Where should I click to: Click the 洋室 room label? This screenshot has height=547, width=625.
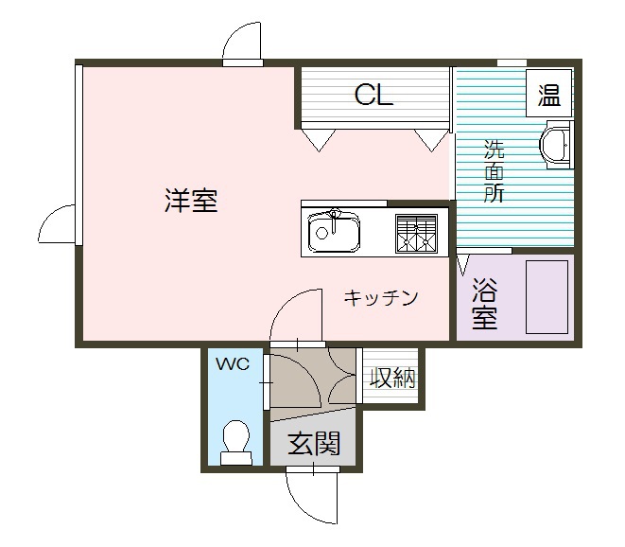tap(191, 201)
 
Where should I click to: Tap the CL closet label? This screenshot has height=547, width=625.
tap(373, 95)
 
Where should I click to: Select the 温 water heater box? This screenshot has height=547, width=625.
tap(548, 95)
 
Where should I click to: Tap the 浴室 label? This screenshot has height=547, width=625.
tap(484, 303)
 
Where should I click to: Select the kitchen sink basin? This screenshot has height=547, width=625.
tap(334, 230)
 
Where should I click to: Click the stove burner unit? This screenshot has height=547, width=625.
tap(417, 232)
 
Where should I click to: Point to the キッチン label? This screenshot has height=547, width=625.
tap(380, 298)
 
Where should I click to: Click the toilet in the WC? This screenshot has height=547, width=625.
tap(235, 442)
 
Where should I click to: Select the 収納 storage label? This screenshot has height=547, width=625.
tap(392, 378)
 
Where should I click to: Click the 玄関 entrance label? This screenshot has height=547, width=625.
tap(314, 443)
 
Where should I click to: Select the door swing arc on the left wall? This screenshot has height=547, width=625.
tap(56, 224)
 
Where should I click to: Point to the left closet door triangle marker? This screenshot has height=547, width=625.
tap(317, 140)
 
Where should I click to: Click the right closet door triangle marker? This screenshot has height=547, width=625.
tap(431, 140)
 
